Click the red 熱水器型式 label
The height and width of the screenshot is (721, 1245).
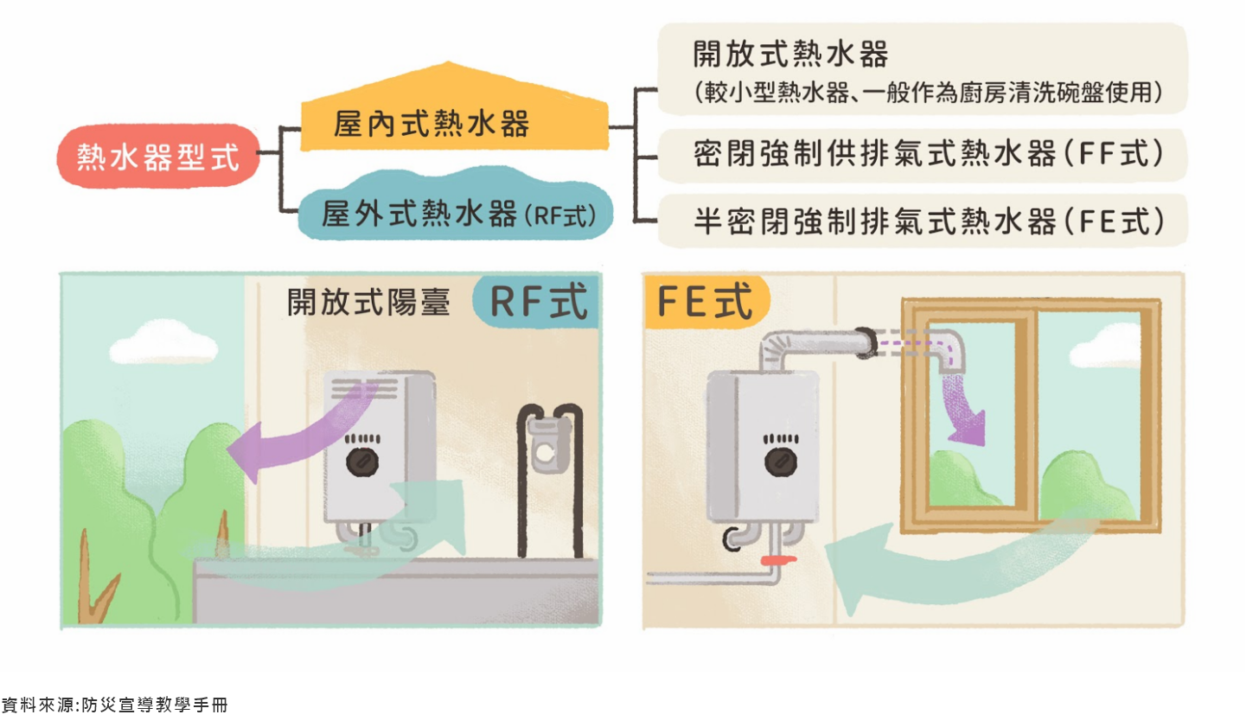[157, 156]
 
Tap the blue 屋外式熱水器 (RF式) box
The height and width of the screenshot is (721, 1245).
[456, 213]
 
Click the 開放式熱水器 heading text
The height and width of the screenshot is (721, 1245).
[790, 54]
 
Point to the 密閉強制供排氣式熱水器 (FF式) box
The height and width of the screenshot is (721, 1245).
[922, 155]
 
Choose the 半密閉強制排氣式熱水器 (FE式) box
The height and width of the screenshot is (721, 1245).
[922, 221]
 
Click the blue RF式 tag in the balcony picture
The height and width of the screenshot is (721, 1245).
[537, 303]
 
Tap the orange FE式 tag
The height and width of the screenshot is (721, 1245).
[705, 303]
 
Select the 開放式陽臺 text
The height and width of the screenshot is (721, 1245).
[369, 303]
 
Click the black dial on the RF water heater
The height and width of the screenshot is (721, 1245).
[362, 463]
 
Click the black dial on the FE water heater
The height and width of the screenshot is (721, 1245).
[780, 461]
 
